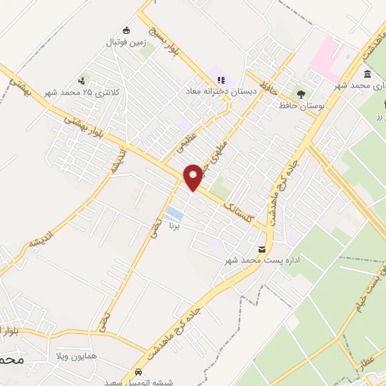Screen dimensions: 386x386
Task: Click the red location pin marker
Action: pos(194,176)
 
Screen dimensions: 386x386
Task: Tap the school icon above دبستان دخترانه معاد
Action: pos(220,78)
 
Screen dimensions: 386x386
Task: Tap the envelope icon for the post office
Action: pos(262,249)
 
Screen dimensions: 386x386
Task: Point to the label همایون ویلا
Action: pos(77,354)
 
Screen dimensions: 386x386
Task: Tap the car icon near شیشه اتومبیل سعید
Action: pos(138,372)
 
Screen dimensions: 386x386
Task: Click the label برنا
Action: pos(176,225)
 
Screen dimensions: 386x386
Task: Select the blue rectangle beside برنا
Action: pos(173,213)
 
